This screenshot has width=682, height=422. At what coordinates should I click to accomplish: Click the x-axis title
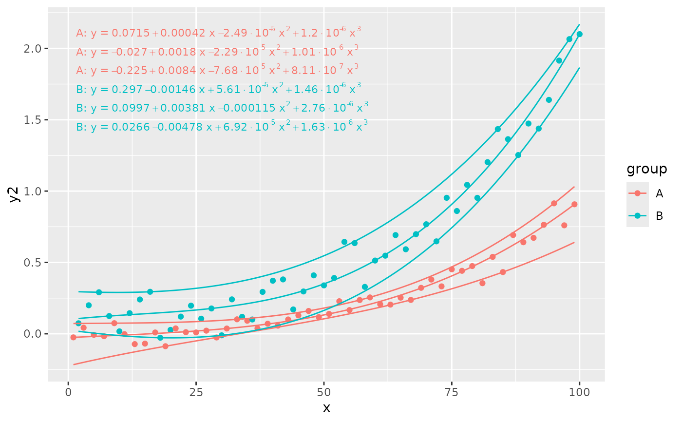(326, 408)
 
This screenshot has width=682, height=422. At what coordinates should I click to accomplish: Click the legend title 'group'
(646, 169)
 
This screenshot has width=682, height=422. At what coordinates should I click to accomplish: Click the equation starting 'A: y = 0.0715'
(218, 33)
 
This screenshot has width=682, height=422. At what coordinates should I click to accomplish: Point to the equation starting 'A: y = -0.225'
(217, 70)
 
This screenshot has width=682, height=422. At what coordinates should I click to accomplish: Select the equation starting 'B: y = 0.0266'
(222, 127)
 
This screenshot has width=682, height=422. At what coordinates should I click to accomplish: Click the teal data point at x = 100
(579, 34)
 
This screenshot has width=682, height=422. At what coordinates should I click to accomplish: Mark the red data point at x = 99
(574, 204)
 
